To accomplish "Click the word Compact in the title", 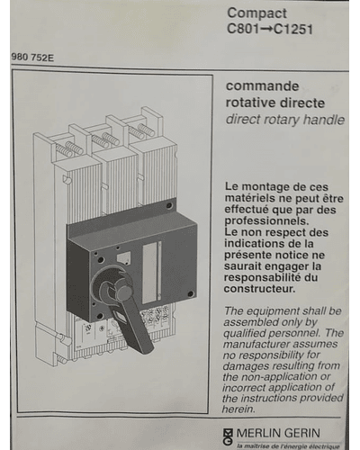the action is click(256, 13).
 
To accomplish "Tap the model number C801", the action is click(243, 29).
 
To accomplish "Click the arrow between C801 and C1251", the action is click(266, 30).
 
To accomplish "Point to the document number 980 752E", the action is click(32, 58).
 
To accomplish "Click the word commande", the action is click(262, 86).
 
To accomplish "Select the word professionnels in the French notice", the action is click(266, 221).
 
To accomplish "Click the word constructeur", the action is click(259, 289).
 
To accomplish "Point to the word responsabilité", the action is click(262, 278).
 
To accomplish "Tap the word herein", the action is click(238, 409).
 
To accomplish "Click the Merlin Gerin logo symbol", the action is click(229, 436).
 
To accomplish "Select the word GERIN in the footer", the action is click(301, 433).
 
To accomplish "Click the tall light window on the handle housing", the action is click(149, 273).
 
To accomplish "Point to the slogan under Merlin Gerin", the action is click(288, 446).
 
